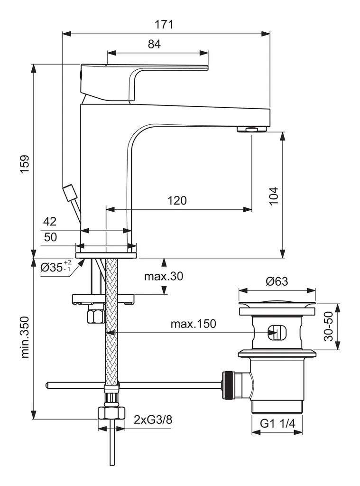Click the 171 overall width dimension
coord(164,25)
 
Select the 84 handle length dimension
coord(154,44)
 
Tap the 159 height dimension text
coord(25,164)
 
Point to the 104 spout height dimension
coord(274,196)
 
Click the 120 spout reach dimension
coord(177,201)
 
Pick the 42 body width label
coord(50,221)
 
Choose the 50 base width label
coord(50,237)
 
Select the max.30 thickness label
coord(164,276)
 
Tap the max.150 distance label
coord(194,324)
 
